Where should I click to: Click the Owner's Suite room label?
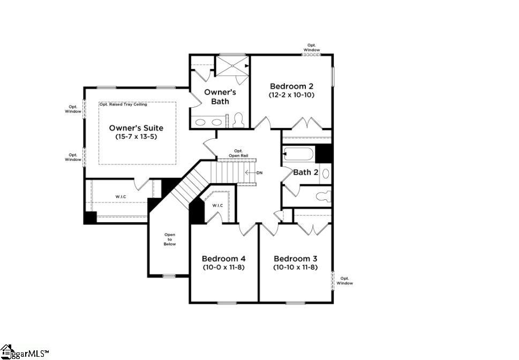[136, 128]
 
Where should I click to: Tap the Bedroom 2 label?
[291, 86]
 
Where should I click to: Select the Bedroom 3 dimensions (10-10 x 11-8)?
[295, 267]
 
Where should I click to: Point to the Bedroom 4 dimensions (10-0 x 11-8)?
[223, 267]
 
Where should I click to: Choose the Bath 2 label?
[306, 172]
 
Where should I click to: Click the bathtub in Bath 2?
[298, 155]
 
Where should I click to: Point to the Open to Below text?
[170, 239]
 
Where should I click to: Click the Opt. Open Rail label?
[238, 153]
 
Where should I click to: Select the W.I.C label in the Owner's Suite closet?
[121, 197]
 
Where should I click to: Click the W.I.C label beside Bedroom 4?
[217, 205]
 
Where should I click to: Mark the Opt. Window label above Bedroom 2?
[312, 48]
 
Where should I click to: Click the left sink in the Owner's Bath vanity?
[200, 122]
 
